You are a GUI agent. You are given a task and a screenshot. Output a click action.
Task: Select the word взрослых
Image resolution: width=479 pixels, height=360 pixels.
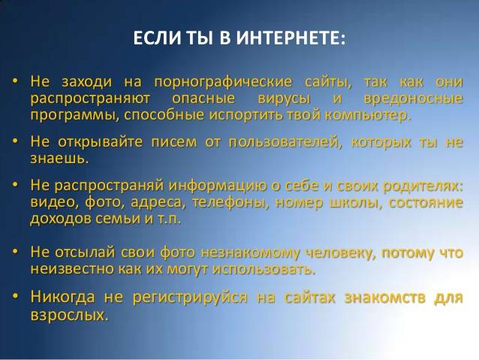click(68, 315)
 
